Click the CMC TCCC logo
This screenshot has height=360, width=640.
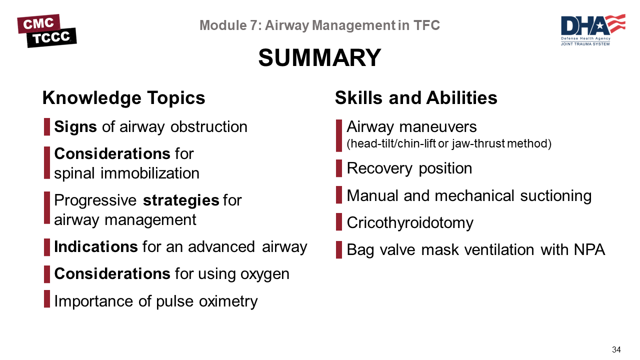click(x=47, y=31)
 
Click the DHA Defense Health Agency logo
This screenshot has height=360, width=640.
click(x=593, y=29)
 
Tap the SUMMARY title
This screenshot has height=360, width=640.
click(x=319, y=57)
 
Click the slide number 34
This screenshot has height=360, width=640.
click(x=616, y=349)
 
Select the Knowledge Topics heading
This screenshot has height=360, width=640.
click(x=123, y=98)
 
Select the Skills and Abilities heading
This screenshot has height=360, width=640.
click(x=416, y=97)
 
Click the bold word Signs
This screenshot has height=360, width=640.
click(x=75, y=127)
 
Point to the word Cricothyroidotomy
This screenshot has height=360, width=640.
click(x=410, y=223)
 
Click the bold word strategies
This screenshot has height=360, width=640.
click(x=181, y=200)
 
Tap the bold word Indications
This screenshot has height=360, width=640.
click(x=96, y=246)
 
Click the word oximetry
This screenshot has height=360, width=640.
click(x=228, y=301)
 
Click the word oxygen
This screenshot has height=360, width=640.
click(x=264, y=274)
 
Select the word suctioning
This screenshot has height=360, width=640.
click(x=555, y=196)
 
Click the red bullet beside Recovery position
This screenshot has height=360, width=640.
click(x=339, y=168)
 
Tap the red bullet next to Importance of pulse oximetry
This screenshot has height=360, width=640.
click(x=47, y=299)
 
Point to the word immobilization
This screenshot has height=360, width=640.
click(x=149, y=173)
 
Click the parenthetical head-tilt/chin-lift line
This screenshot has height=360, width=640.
click(x=449, y=143)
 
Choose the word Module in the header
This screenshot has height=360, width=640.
click(x=223, y=25)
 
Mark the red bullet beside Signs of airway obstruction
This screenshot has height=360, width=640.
click(x=47, y=127)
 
